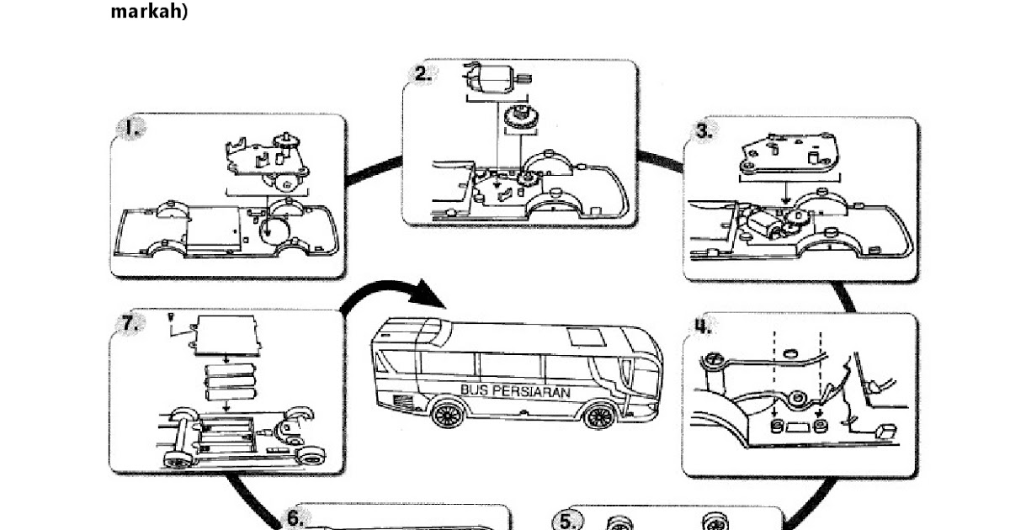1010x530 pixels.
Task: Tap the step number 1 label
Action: coord(131,129)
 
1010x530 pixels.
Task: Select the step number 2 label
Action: coord(422,73)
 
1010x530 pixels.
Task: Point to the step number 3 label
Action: coord(704,131)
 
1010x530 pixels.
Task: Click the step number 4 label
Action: coord(703,326)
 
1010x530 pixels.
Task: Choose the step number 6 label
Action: coord(294,518)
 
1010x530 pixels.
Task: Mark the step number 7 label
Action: coord(130,323)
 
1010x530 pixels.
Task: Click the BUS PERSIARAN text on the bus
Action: coord(515,391)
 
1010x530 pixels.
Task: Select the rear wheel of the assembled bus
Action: coord(448,416)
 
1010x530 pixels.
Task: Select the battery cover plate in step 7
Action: coord(225,337)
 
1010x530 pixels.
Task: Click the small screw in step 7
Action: coord(171,317)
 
